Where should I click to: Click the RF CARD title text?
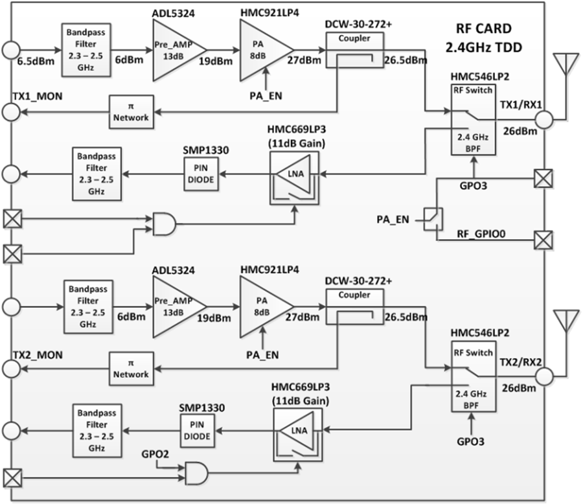pyautogui.click(x=484, y=29)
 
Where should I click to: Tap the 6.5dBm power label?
pyautogui.click(x=36, y=62)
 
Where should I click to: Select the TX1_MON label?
pyautogui.click(x=38, y=97)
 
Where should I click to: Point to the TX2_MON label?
pyautogui.click(x=38, y=355)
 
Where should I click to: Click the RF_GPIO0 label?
pyautogui.click(x=481, y=234)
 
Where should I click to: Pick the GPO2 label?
pyautogui.click(x=155, y=454)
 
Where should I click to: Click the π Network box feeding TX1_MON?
pyautogui.click(x=131, y=112)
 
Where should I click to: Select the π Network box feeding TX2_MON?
pyautogui.click(x=131, y=369)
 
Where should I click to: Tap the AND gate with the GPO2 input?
pyautogui.click(x=196, y=473)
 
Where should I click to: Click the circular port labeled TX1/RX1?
pyautogui.click(x=544, y=120)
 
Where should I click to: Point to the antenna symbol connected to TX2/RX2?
pyautogui.click(x=566, y=321)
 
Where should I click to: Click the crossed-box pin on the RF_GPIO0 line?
pyautogui.click(x=543, y=240)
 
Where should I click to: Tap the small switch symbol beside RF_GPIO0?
pyautogui.click(x=433, y=220)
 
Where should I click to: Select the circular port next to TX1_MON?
pyautogui.click(x=11, y=111)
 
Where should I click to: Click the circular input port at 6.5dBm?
pyautogui.click(x=11, y=49)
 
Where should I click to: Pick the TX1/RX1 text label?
pyautogui.click(x=521, y=105)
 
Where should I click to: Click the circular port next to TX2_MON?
pyautogui.click(x=11, y=369)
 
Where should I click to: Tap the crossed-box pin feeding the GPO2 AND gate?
pyautogui.click(x=13, y=478)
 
